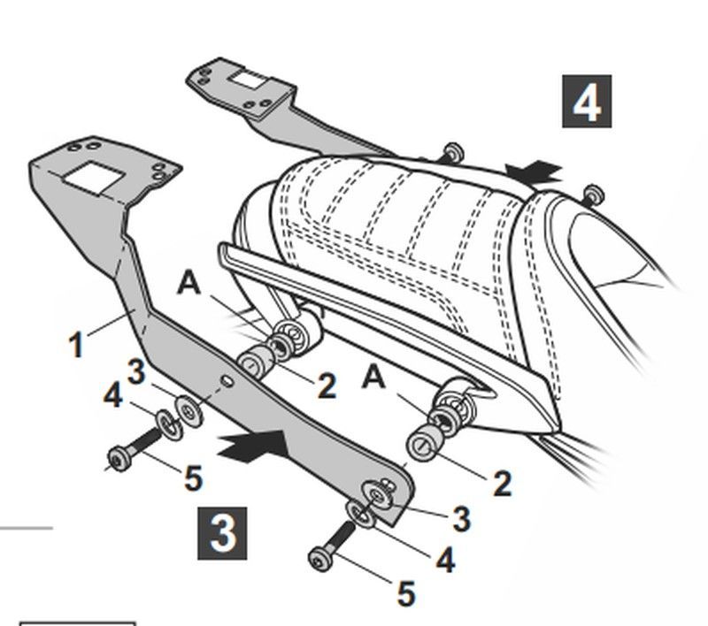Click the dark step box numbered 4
coord(587,102)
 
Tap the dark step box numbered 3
coord(222,533)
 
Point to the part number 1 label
coord(77,344)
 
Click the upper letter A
coord(189,284)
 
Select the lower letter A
coord(373,377)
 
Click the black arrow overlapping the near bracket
coord(255,447)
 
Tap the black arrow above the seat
coord(534,172)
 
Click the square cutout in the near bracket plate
coord(94,178)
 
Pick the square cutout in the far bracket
coord(247,80)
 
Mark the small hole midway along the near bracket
coord(227,382)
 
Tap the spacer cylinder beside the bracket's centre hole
coord(255,360)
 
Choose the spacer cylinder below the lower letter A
coord(426,442)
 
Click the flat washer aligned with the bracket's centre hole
coord(189,410)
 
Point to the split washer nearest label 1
coord(169,424)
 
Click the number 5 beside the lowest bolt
coord(405,593)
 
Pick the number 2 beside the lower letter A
coord(502,484)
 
